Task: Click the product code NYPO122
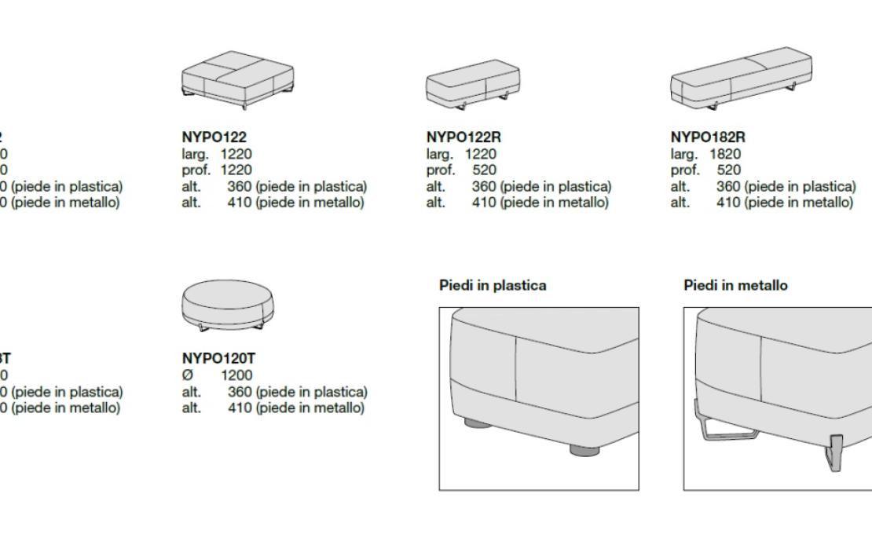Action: tap(210, 137)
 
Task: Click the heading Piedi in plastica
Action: tap(492, 286)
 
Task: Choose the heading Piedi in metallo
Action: tap(735, 286)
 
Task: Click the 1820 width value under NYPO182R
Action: tap(724, 154)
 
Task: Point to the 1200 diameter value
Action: tap(236, 375)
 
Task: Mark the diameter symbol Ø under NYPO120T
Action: tap(187, 375)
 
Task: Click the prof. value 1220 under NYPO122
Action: tap(236, 170)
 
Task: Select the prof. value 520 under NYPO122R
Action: tap(485, 170)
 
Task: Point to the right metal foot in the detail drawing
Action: tap(835, 454)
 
